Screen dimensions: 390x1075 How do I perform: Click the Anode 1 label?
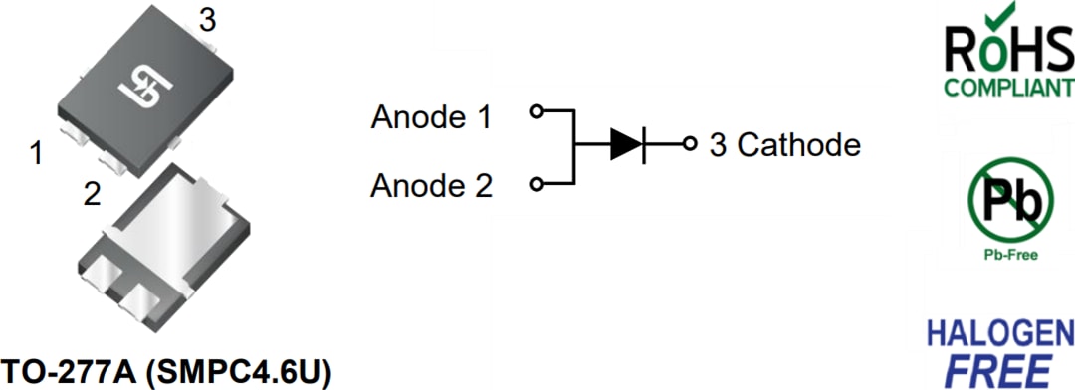click(x=431, y=117)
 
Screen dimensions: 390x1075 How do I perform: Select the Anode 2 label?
click(x=431, y=186)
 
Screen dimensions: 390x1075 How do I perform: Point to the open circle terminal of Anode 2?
click(x=536, y=184)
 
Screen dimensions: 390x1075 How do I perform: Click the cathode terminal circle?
click(x=689, y=145)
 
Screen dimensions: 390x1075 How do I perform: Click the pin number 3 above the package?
click(x=207, y=20)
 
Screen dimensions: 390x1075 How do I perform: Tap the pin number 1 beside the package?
click(x=37, y=155)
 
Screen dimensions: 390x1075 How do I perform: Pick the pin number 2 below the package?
click(x=92, y=194)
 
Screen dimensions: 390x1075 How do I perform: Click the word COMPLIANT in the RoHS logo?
click(x=1009, y=87)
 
